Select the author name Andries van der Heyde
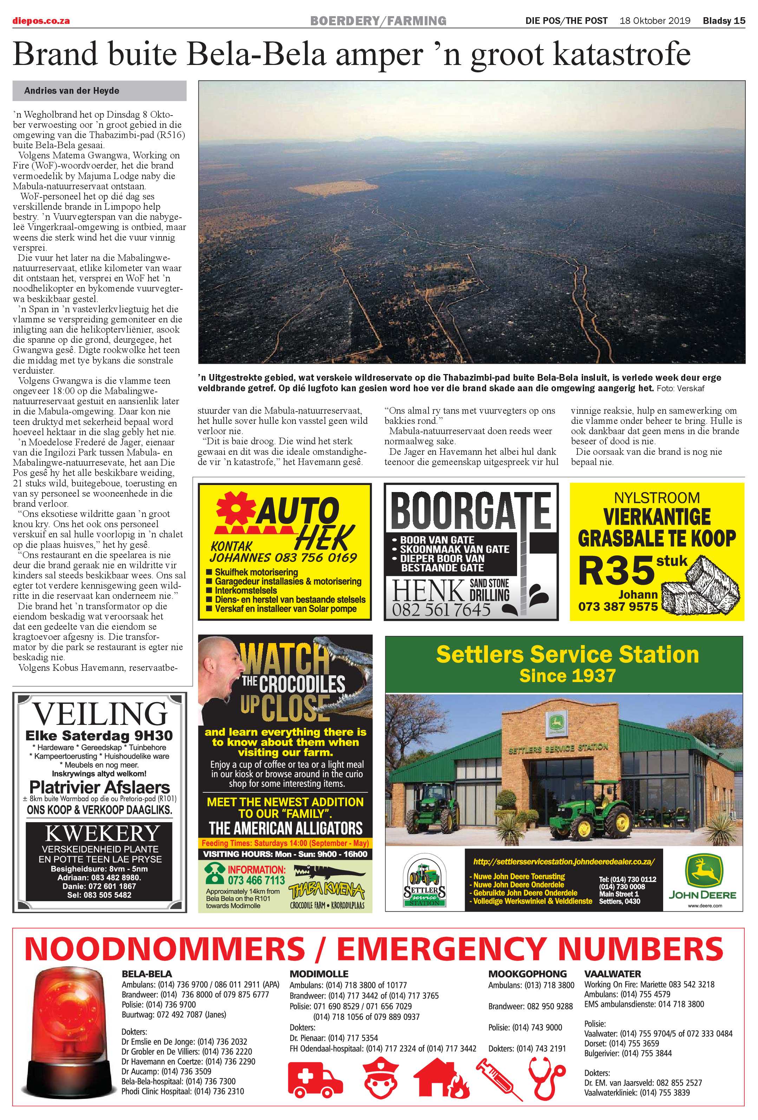(x=71, y=91)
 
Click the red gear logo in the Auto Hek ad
(x=235, y=509)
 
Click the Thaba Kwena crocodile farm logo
(x=326, y=889)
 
